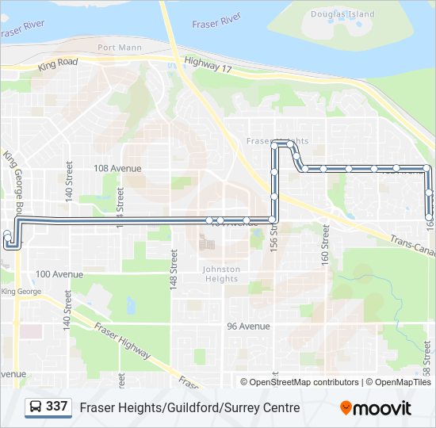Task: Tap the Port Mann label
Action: tap(118, 48)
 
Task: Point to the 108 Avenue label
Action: tap(117, 168)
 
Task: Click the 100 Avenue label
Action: tap(59, 274)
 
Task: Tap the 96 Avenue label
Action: tap(248, 326)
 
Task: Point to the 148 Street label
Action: tap(173, 269)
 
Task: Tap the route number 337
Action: tap(56, 407)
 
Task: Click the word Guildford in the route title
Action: tap(189, 408)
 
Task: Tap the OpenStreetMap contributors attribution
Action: tap(304, 382)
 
